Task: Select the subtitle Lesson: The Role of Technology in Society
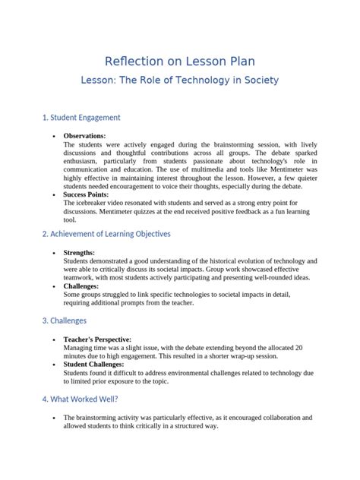179,80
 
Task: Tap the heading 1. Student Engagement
81,118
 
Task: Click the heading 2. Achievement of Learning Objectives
106,234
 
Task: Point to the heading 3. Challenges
65,321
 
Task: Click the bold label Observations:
84,134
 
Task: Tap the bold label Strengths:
80,252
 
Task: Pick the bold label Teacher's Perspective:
98,339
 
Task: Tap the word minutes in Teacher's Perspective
77,355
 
